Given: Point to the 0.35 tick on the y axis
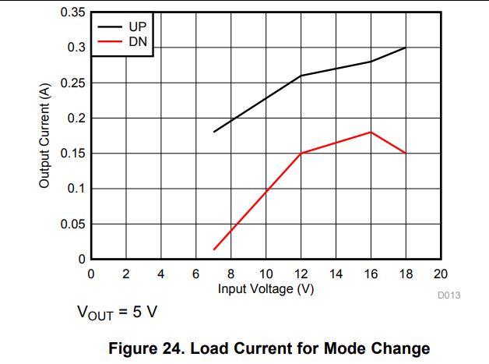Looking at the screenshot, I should [x=74, y=12].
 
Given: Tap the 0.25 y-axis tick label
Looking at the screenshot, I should [x=74, y=83].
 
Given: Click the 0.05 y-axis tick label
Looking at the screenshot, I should [x=74, y=224].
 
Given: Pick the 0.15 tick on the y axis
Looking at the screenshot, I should [x=74, y=154].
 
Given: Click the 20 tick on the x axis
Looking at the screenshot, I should [x=440, y=274].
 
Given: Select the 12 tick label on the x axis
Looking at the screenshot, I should [x=301, y=274].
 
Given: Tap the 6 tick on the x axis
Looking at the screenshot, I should [x=196, y=274].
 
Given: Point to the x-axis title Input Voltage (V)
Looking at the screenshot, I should [x=266, y=288].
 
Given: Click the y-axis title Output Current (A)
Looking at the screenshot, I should [x=44, y=135].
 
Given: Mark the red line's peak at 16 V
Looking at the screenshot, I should [x=371, y=132].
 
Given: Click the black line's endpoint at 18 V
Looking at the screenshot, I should [x=406, y=48].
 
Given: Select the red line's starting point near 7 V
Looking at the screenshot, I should [x=213, y=249].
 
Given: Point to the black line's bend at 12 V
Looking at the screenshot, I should [x=301, y=76].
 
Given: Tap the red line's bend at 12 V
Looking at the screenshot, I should [x=301, y=153].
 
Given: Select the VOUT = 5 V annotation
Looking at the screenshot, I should [x=118, y=313].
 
